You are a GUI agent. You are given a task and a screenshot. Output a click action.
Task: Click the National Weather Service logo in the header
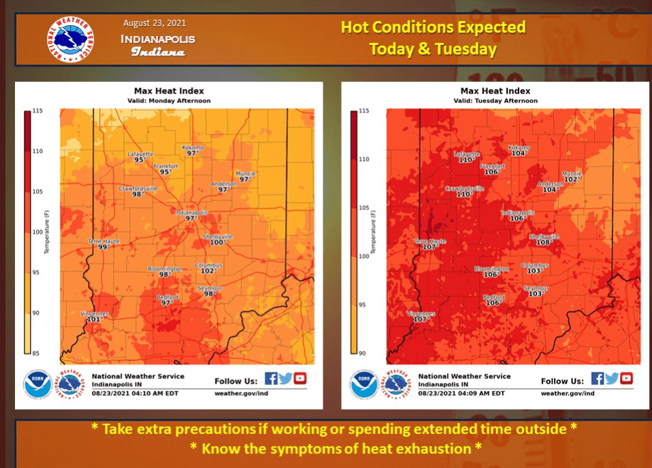tap(71, 38)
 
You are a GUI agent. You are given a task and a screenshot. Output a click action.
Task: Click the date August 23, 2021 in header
tap(158, 22)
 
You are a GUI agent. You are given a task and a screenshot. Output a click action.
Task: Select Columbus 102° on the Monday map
tap(208, 268)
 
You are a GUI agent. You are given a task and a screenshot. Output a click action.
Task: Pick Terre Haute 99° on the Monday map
tap(103, 244)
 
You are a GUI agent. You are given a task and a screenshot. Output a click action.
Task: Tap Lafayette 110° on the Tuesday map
tap(466, 157)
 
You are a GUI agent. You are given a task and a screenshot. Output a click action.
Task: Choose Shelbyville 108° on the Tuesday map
tap(544, 239)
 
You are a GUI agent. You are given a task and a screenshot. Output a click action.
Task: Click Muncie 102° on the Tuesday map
tap(572, 177)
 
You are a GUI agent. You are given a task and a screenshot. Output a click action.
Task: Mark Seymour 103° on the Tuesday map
tap(536, 291)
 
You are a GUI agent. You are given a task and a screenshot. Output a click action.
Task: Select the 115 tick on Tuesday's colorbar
tap(363, 111)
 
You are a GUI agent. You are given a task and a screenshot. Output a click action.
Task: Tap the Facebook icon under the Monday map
tap(270, 379)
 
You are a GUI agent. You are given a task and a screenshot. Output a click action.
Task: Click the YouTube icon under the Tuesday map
tap(626, 379)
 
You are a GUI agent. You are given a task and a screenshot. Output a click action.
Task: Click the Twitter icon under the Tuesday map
tap(611, 379)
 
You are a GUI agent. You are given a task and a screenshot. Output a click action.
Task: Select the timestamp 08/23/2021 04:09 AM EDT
tap(461, 393)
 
